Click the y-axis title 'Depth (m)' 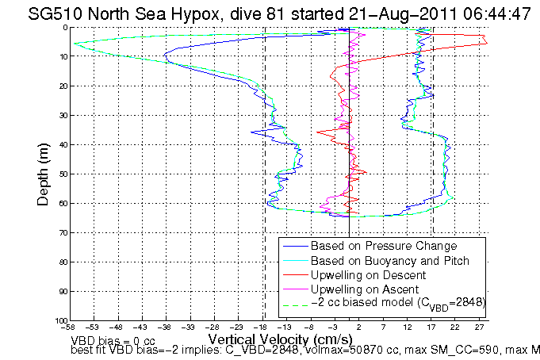(43, 174)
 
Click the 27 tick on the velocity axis (480, 327)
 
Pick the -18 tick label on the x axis (262, 327)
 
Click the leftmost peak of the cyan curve (74, 44)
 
